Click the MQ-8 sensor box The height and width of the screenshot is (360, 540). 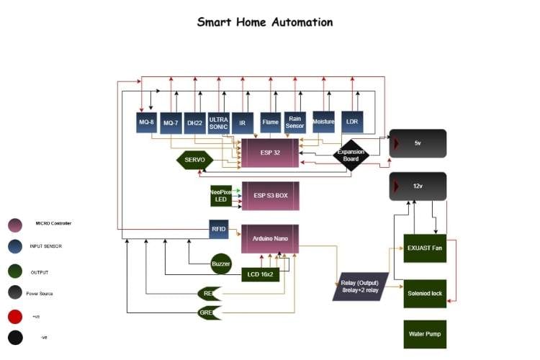(147, 122)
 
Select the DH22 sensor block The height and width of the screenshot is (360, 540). (194, 122)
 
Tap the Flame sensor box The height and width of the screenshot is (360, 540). (271, 122)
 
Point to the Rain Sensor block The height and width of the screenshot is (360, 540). (295, 122)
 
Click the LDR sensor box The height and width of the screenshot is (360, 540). (352, 122)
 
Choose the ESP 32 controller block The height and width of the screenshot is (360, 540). (269, 153)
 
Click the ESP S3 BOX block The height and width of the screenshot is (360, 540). (270, 196)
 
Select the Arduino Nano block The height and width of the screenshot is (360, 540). (269, 238)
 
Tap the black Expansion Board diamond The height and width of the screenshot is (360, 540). (351, 155)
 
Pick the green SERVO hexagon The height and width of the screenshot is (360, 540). (194, 160)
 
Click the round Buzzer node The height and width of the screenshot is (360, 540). (221, 264)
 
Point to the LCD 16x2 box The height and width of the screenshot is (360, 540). (260, 274)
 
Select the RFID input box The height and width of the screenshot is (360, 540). (219, 229)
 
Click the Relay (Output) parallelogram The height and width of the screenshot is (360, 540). (361, 286)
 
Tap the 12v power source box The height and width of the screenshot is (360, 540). (418, 186)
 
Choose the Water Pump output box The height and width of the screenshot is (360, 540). (425, 334)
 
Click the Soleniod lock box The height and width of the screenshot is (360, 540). (425, 293)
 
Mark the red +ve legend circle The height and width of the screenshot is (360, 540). (15, 316)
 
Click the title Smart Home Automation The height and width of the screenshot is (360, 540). (265, 22)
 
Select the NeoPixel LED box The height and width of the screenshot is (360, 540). (220, 195)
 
